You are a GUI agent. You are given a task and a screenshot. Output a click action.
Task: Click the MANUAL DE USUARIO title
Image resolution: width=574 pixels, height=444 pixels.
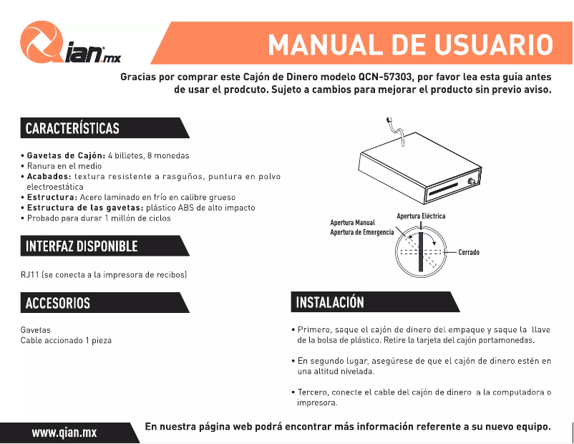coord(410,45)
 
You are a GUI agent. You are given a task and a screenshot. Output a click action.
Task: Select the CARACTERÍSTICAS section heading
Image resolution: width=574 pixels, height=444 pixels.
coord(73,128)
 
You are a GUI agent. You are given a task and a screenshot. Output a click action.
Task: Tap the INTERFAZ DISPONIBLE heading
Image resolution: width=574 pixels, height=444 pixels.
coord(82,246)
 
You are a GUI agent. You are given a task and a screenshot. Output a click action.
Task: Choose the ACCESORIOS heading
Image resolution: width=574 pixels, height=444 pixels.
coord(58,303)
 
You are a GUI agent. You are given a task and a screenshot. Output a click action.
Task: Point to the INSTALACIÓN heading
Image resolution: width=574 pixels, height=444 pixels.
coord(330,302)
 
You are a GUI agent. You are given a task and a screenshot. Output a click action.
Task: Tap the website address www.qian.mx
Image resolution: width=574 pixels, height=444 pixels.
coord(64,432)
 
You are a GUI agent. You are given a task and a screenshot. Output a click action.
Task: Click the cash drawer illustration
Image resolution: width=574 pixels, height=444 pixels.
coord(418,172)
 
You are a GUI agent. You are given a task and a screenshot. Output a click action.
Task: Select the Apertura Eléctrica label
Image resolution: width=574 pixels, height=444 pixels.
coord(421,216)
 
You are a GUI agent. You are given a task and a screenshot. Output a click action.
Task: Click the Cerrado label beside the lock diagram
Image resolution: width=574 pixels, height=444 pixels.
coord(469,253)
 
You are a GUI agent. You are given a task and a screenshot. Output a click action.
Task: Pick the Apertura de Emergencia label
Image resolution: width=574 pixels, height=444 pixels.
coord(361,233)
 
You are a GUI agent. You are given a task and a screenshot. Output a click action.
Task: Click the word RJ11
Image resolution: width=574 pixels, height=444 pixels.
coord(29,274)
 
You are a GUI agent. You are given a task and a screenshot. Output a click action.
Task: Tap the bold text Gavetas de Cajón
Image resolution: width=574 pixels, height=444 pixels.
coord(66,155)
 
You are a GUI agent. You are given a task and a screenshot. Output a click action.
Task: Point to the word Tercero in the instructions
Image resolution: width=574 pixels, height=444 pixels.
coord(313,392)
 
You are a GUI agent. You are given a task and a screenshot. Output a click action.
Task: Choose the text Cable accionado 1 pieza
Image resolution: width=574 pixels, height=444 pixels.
coord(66,340)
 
